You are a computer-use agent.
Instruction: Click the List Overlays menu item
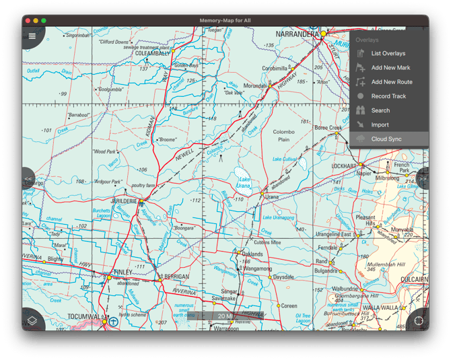388,53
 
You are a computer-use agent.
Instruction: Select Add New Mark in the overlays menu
390,67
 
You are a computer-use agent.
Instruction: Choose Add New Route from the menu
392,82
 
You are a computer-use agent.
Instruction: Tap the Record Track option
388,96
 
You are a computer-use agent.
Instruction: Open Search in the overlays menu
380,110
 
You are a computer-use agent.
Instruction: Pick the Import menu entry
380,124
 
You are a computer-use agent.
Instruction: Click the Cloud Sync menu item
386,139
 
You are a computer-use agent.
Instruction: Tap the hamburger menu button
31,36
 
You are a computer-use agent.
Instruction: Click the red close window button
28,21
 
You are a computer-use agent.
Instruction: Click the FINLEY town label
123,272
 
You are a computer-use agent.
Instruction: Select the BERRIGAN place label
176,277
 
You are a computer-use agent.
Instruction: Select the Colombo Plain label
284,136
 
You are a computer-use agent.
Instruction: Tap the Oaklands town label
252,254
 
